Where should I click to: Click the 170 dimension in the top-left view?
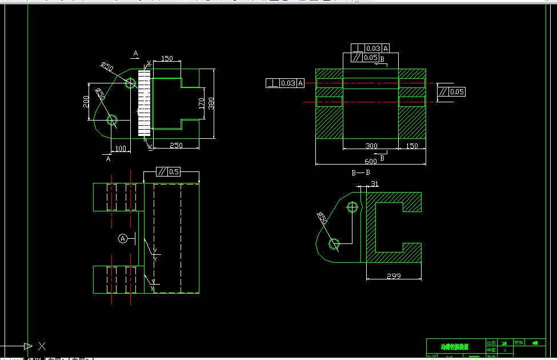click(202, 103)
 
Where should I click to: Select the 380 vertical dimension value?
click(211, 103)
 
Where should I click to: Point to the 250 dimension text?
click(176, 146)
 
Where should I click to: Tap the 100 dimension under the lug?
click(121, 149)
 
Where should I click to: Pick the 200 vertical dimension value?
click(86, 101)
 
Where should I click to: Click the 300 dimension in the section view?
click(371, 146)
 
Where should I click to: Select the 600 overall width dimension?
click(370, 161)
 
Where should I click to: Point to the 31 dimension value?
click(375, 183)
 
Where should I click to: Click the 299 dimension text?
click(394, 276)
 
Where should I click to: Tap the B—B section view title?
click(360, 172)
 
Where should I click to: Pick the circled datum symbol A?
click(122, 238)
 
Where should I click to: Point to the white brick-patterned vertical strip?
click(144, 103)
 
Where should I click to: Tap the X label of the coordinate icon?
click(42, 346)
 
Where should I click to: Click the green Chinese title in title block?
click(454, 346)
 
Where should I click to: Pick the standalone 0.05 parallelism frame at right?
click(451, 91)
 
